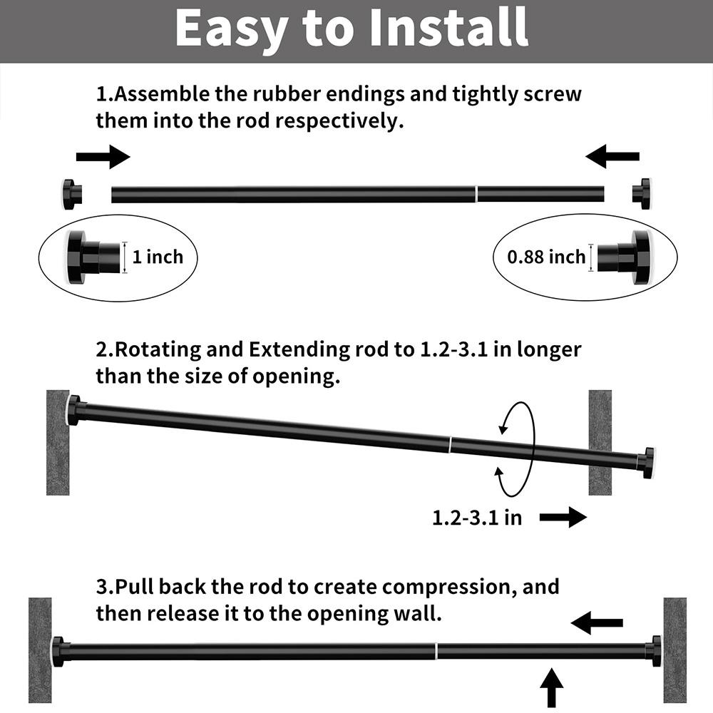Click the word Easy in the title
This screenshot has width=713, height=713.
tap(230, 29)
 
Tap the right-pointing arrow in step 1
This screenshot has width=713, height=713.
tap(103, 157)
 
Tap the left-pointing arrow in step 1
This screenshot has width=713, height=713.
tap(612, 155)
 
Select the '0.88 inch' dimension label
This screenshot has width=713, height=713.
tap(546, 257)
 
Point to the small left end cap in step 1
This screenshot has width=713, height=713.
tap(71, 194)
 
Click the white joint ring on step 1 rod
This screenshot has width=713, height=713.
tap(476, 194)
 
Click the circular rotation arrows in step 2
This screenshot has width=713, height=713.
tap(515, 449)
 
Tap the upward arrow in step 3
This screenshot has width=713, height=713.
tap(551, 687)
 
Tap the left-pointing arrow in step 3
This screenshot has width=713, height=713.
tap(597, 623)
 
